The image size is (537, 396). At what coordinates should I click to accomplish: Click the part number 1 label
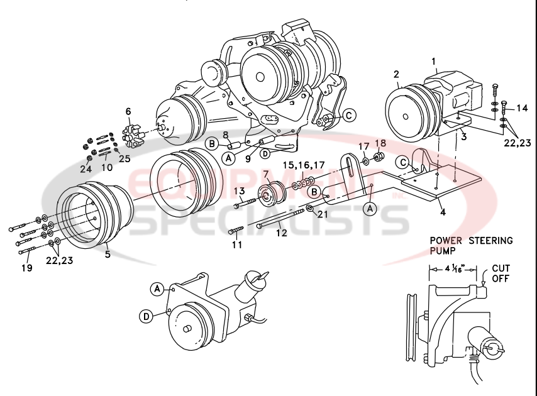(433, 61)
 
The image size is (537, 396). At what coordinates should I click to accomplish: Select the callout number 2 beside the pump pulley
(396, 75)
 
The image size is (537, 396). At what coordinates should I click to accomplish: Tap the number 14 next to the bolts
(522, 108)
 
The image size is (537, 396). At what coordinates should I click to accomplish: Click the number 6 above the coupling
(128, 111)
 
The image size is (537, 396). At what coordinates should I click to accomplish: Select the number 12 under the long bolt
(281, 233)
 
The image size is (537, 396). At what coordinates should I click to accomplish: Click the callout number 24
(86, 168)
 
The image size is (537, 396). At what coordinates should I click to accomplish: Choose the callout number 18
(380, 143)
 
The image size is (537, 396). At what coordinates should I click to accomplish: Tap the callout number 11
(236, 245)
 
